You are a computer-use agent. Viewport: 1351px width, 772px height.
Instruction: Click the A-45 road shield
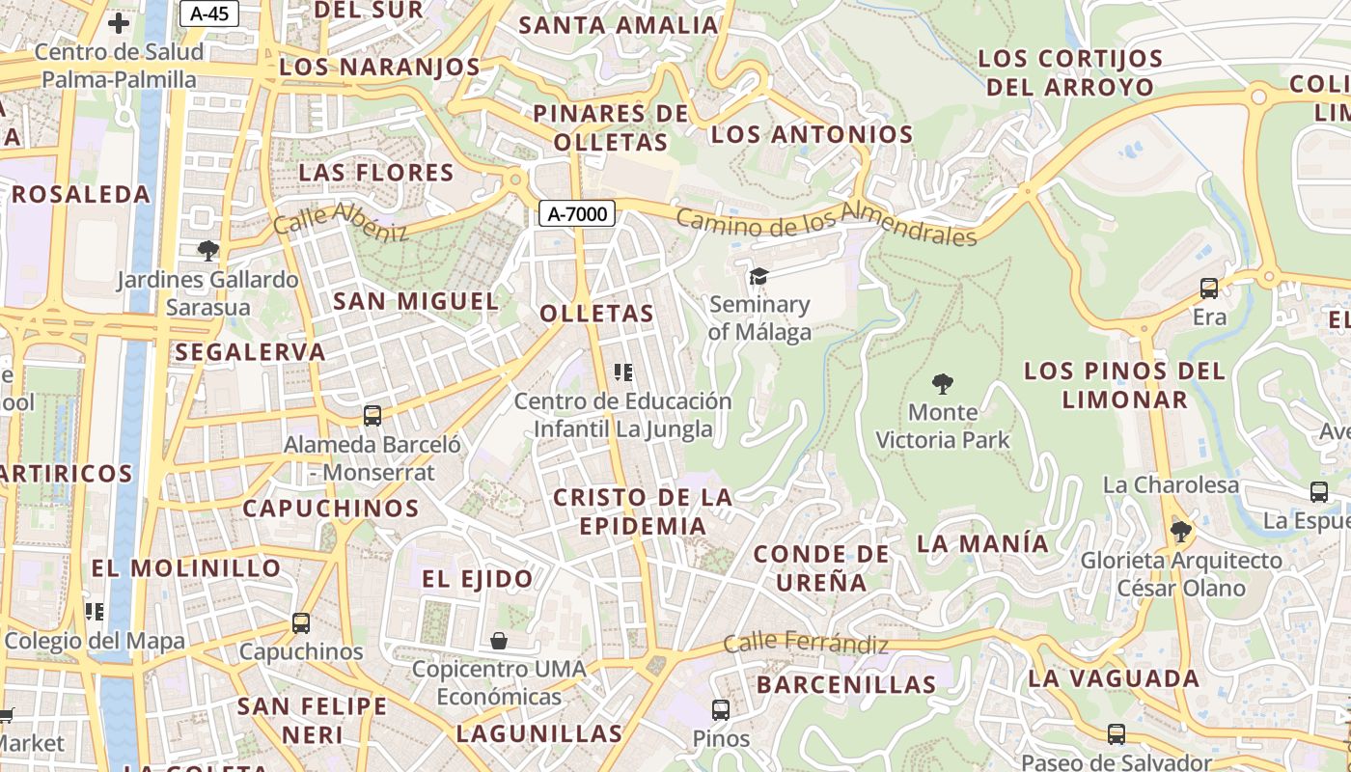(209, 14)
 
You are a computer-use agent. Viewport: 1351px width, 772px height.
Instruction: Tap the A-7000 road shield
(576, 214)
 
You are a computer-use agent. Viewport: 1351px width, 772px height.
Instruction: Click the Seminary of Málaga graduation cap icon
(759, 278)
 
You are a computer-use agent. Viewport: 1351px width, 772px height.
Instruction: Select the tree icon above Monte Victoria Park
(942, 384)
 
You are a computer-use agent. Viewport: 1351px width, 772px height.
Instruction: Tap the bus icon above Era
(1209, 288)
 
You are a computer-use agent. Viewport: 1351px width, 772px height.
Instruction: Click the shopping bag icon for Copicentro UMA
(499, 641)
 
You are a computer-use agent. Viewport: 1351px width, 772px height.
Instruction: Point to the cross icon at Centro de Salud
(119, 23)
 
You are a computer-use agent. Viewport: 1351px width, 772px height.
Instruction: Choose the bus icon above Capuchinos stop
(301, 623)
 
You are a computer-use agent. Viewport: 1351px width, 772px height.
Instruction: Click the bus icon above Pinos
(720, 710)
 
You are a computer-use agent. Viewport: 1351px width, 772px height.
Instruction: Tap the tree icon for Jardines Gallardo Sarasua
(207, 251)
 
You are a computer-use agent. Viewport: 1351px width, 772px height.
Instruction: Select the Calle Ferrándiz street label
(806, 644)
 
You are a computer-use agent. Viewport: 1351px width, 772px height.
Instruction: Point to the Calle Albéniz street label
(341, 222)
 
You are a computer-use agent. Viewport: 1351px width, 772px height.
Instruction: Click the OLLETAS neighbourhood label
(596, 314)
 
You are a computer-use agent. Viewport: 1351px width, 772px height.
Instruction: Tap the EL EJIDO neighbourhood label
(478, 579)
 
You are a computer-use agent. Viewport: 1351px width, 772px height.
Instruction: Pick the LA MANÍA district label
(982, 543)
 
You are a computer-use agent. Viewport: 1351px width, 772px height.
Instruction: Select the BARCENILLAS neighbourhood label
(846, 685)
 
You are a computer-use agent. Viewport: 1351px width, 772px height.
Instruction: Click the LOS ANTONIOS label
(812, 135)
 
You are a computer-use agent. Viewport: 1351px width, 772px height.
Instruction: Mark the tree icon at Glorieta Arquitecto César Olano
(1179, 531)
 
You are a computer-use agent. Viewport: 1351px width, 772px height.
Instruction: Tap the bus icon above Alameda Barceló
(372, 416)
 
